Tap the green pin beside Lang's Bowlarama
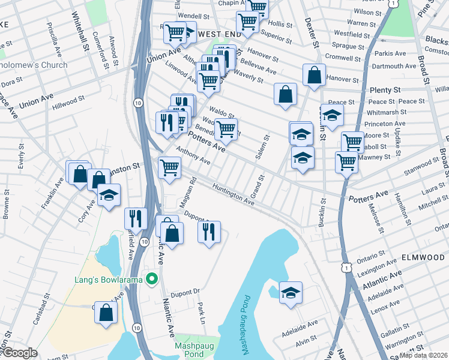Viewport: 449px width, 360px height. pyautogui.click(x=152, y=278)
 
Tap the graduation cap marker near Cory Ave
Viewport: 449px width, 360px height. pyautogui.click(x=109, y=196)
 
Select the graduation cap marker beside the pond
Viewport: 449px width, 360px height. pyautogui.click(x=291, y=293)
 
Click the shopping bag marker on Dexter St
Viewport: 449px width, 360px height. pyautogui.click(x=314, y=76)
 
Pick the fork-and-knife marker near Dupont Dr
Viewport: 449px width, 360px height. pyautogui.click(x=209, y=232)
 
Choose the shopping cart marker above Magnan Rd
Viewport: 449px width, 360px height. pyautogui.click(x=170, y=167)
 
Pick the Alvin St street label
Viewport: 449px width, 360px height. pyautogui.click(x=306, y=338)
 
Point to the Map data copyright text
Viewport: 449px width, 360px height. pyautogui.click(x=424, y=355)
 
